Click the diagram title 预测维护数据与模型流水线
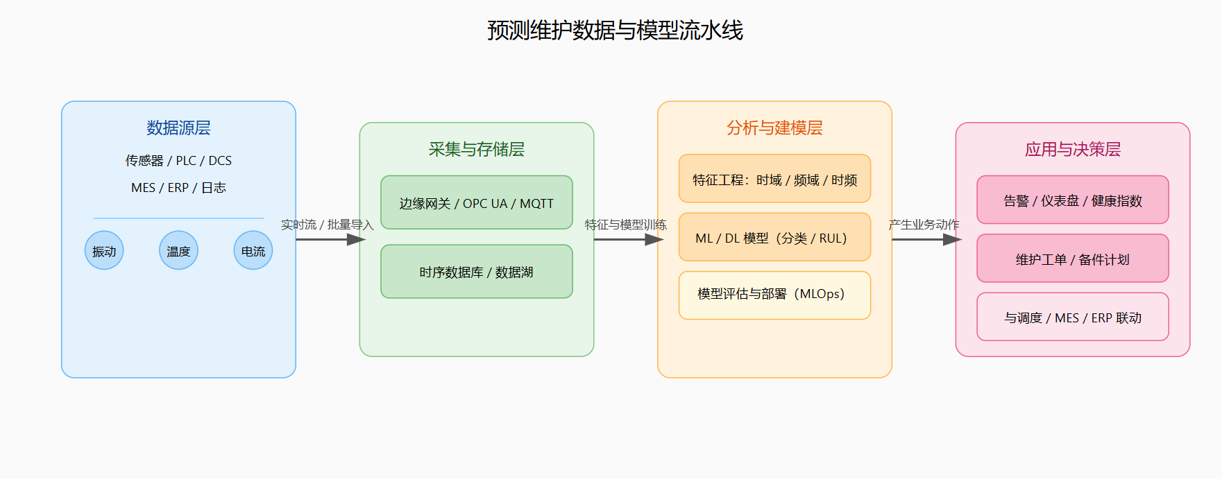tap(615, 31)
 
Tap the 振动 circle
tap(104, 251)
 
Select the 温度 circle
tap(178, 251)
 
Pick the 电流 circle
tap(253, 251)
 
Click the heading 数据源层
tap(178, 128)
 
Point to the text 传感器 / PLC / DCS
tap(178, 161)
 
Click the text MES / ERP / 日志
tap(178, 188)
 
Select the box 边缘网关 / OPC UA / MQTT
tap(476, 203)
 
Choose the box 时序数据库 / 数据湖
tap(476, 272)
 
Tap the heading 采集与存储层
tap(476, 149)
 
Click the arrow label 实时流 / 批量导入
tap(327, 225)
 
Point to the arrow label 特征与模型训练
tap(625, 225)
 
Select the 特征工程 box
tap(774, 179)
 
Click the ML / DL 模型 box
tap(774, 237)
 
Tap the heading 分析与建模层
tap(774, 128)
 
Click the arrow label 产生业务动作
tap(924, 225)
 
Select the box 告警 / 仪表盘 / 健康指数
tap(1072, 200)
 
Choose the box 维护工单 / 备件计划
tap(1072, 259)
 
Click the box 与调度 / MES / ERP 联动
tap(1072, 317)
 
